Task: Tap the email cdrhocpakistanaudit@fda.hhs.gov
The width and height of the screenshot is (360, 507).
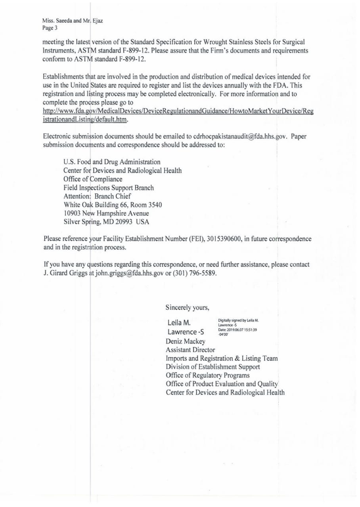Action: (239, 137)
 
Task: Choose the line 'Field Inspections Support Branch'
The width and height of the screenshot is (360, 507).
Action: (109, 188)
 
